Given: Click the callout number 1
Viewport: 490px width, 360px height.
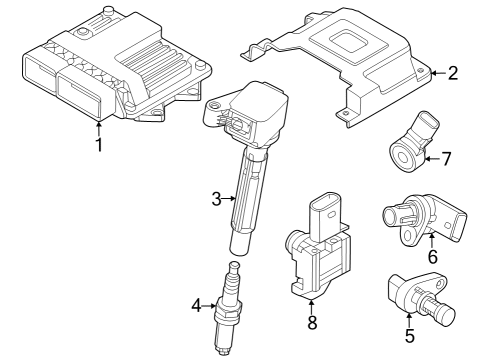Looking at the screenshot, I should (x=98, y=145).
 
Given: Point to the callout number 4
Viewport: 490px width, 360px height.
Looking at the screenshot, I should (x=196, y=303).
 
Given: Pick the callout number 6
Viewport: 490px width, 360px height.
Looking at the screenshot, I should (x=432, y=256).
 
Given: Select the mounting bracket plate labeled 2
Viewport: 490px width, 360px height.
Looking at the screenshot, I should (x=340, y=70).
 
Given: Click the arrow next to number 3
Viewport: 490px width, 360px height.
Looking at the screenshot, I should (x=229, y=199).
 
